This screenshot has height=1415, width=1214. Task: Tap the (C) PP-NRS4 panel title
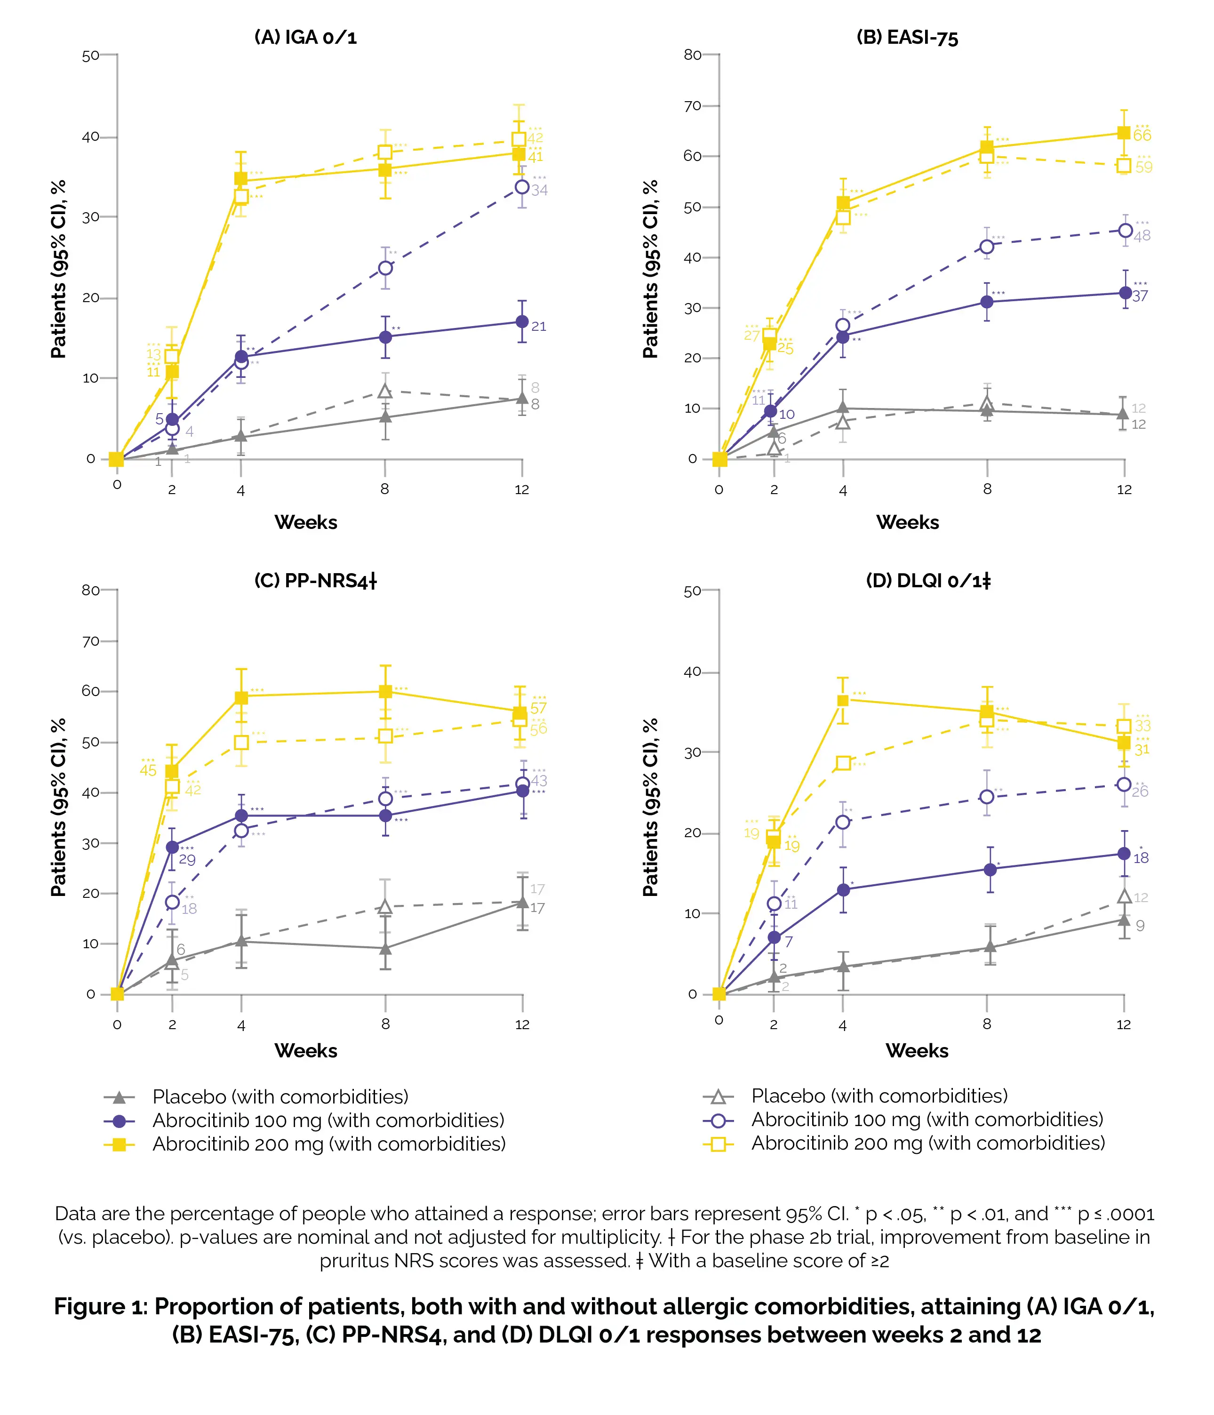[x=315, y=581]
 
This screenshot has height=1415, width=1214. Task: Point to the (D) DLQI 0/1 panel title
[x=928, y=581]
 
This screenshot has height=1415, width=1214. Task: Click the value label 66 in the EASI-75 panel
[x=1142, y=136]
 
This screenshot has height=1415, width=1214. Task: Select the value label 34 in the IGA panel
[x=539, y=191]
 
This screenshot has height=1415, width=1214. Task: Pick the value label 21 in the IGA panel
[x=539, y=327]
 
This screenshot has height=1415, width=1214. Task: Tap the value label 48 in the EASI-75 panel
[x=1142, y=236]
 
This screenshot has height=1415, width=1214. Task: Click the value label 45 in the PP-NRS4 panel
[x=148, y=771]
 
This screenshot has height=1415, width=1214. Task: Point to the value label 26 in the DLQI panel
[x=1140, y=792]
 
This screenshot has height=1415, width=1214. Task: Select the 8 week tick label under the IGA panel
[x=385, y=489]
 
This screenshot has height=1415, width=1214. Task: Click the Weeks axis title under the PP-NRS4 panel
[x=306, y=1051]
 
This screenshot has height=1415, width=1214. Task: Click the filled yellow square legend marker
[x=120, y=1144]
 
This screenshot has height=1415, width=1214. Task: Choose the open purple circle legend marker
[x=719, y=1121]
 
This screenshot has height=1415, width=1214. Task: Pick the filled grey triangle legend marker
[x=120, y=1097]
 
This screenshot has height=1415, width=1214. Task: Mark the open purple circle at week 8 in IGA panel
[x=385, y=268]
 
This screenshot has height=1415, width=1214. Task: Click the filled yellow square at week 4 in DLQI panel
[x=843, y=701]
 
